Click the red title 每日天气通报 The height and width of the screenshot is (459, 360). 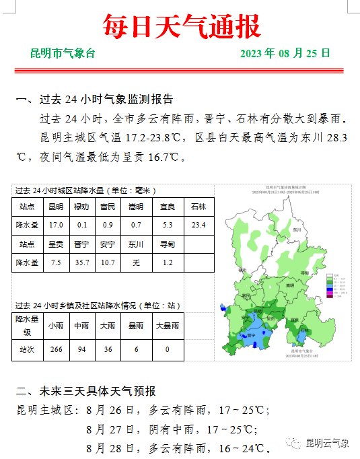(x=180, y=26)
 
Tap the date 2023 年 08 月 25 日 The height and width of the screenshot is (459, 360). (x=285, y=53)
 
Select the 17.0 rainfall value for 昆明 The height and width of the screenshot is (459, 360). (x=57, y=225)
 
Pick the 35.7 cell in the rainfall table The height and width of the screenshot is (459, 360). (x=81, y=262)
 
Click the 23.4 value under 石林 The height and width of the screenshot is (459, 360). (x=199, y=225)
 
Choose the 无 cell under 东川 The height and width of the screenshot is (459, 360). (x=136, y=262)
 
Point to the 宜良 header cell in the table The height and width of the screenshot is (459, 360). (x=168, y=207)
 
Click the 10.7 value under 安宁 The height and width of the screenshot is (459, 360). (x=108, y=262)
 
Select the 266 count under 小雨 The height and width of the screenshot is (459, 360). (x=57, y=350)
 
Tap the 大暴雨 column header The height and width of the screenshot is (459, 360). (x=167, y=326)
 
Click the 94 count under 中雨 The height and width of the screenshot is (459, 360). (x=81, y=350)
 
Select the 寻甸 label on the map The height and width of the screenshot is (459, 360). (x=305, y=273)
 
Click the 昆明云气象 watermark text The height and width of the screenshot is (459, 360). (x=327, y=443)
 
